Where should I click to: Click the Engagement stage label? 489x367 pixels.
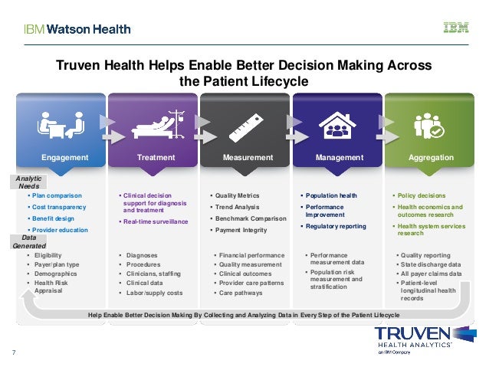pos(65,158)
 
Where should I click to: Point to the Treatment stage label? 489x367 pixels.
pos(156,158)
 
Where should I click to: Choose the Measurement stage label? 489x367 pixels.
pos(248,158)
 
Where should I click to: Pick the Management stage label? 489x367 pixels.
pos(340,158)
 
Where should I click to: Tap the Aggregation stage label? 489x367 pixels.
pos(431,158)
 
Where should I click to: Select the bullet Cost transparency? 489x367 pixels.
pos(59,207)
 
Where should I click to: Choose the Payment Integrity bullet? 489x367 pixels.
pos(241,230)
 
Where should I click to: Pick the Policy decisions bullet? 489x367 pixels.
pos(420,195)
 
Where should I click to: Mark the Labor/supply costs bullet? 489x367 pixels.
pos(154,293)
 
